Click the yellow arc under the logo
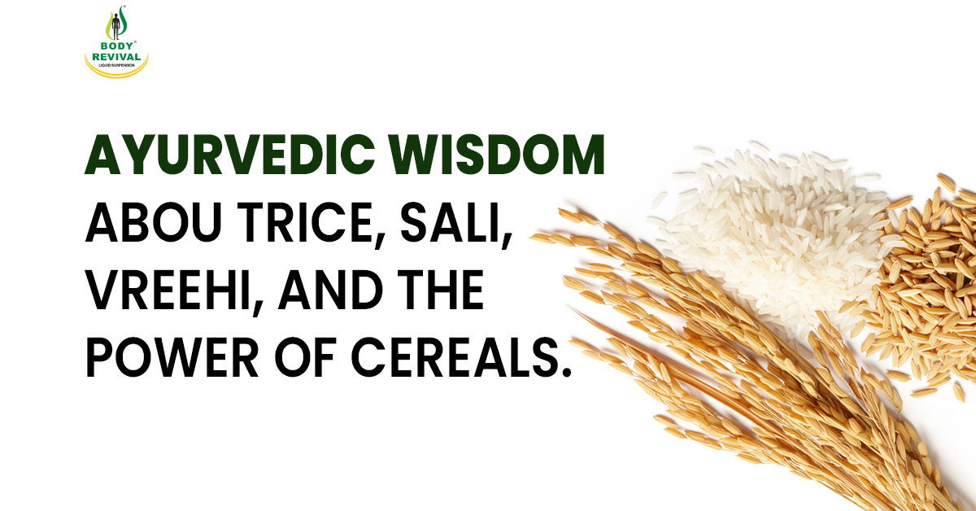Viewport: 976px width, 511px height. pyautogui.click(x=117, y=74)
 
